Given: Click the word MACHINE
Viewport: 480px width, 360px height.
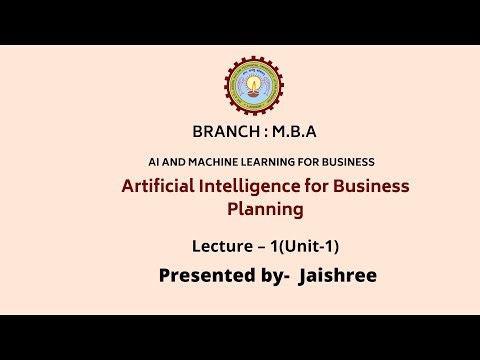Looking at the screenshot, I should [x=211, y=162].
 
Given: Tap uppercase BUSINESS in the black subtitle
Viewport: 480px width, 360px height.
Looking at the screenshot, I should [x=346, y=162].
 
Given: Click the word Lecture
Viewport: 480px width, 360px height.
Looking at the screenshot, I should [x=224, y=245].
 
